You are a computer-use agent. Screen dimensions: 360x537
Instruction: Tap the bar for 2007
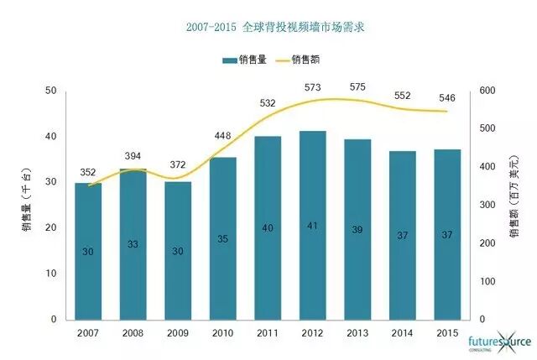tap(88, 251)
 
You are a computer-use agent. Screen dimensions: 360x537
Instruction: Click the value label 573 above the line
tap(312, 87)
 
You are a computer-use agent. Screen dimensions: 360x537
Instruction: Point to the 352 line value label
tap(88, 173)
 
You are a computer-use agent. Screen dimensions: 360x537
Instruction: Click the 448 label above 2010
tap(222, 136)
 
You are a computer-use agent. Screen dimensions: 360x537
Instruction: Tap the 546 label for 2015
tap(447, 98)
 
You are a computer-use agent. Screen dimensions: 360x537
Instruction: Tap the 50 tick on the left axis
tap(52, 91)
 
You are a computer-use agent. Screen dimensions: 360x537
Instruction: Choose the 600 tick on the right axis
tap(487, 91)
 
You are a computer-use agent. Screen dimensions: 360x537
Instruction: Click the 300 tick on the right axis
tap(487, 205)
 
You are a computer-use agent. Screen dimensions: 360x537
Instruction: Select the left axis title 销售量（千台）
tap(29, 205)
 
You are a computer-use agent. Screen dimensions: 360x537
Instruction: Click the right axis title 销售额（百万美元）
tap(514, 205)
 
